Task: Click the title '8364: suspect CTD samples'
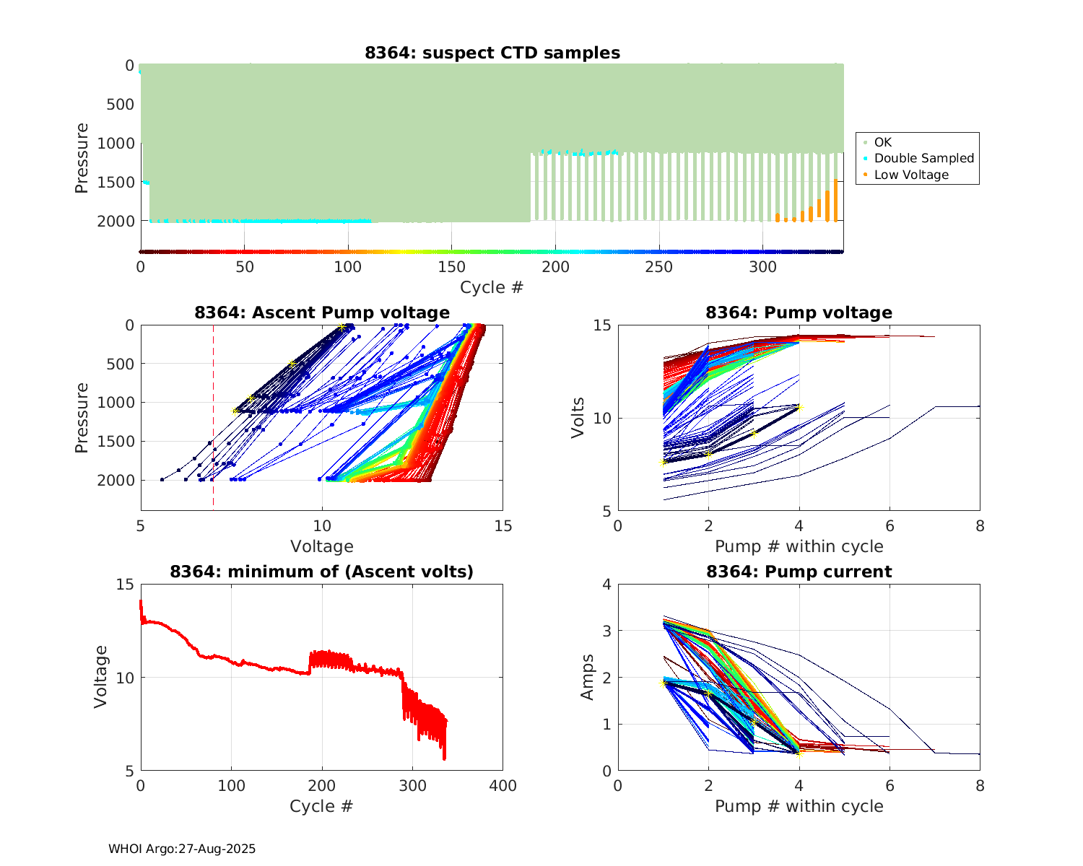(x=492, y=53)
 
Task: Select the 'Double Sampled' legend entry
(x=923, y=158)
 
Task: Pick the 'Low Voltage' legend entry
(x=911, y=175)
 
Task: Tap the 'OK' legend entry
(x=883, y=142)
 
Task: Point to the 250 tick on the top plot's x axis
(x=658, y=267)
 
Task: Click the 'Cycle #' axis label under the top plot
(x=492, y=287)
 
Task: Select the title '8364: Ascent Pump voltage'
(x=322, y=312)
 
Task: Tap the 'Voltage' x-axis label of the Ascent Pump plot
(x=322, y=546)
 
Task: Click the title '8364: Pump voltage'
(x=799, y=312)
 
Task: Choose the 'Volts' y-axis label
(x=578, y=418)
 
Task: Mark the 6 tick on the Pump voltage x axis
(x=890, y=526)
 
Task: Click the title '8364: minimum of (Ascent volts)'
(x=322, y=572)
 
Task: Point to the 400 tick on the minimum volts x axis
(x=503, y=786)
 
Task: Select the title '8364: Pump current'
(x=799, y=572)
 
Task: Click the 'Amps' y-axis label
(x=588, y=677)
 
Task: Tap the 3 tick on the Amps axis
(x=606, y=631)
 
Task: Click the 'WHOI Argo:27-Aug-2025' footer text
(x=182, y=849)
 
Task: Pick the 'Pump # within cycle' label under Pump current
(x=799, y=806)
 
